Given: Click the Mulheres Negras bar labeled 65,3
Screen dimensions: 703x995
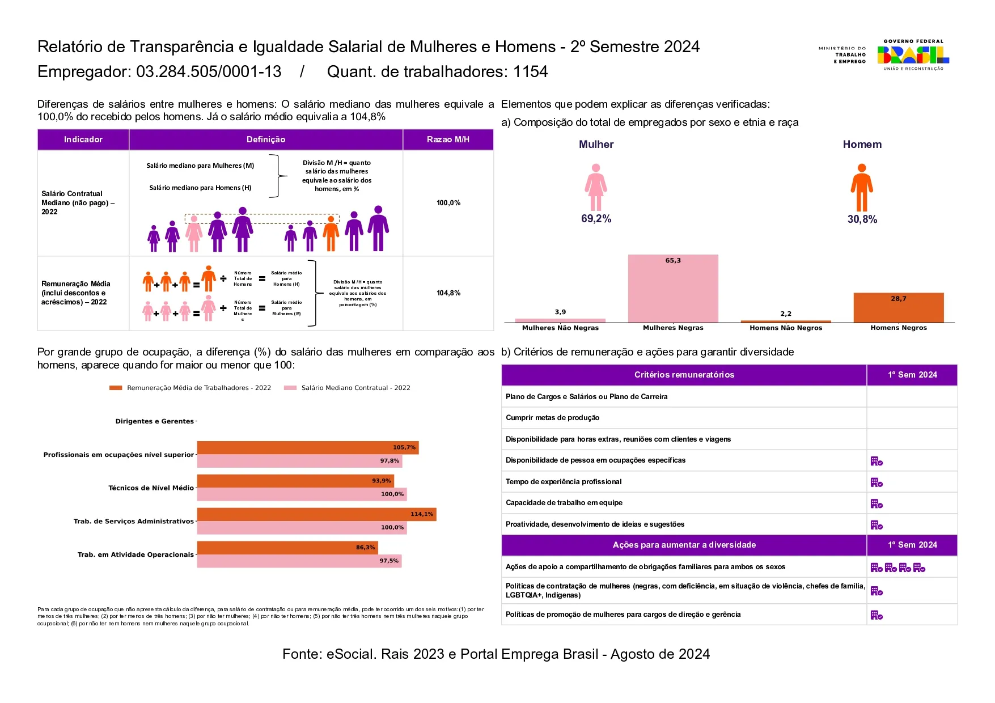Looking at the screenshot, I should [x=673, y=289].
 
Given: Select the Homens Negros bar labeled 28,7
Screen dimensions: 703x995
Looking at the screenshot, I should [x=899, y=307].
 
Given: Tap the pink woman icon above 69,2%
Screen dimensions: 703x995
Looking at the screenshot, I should [x=595, y=187].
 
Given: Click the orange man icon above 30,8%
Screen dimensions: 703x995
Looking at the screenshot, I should [x=861, y=188].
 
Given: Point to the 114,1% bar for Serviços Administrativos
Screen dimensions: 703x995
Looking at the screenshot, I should [x=316, y=514].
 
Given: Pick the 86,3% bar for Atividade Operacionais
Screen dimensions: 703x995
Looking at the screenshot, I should [x=287, y=548].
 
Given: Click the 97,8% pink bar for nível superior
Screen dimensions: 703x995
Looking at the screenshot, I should [x=299, y=461].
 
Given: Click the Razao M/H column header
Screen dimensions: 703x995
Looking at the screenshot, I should [x=448, y=139].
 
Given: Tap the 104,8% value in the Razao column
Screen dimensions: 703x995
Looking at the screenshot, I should [x=448, y=293].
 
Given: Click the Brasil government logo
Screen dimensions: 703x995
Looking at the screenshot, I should [x=913, y=55].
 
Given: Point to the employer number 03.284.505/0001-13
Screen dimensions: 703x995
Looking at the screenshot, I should [x=209, y=72].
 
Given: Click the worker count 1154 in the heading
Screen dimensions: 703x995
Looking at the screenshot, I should [x=530, y=72].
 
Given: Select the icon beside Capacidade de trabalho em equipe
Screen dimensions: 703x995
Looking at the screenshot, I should [x=877, y=503].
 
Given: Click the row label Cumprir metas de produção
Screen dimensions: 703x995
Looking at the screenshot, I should [x=552, y=418].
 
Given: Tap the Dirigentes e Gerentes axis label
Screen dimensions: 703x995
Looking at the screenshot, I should [x=154, y=421].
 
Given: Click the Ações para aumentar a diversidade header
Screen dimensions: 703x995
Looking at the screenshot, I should [x=684, y=545].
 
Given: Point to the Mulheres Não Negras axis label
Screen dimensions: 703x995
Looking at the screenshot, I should [x=560, y=328].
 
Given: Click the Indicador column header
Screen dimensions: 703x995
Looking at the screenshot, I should [x=83, y=139].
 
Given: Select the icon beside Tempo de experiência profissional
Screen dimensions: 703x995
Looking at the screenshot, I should [x=877, y=482].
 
